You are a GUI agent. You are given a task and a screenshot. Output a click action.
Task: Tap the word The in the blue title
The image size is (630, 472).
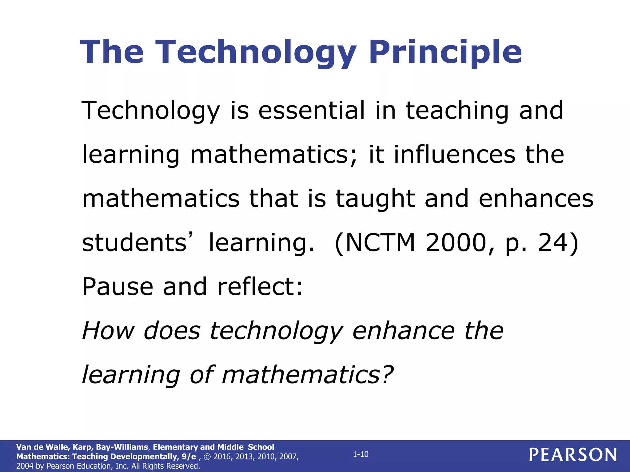coord(112,52)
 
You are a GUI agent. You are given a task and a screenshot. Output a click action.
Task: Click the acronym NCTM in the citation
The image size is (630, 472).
coord(380,243)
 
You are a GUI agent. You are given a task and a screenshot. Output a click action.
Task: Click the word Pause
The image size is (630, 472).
coord(118,287)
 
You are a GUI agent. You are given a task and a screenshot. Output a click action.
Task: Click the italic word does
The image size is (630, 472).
coord(172,331)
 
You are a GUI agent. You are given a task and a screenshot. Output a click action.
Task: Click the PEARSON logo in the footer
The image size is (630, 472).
coord(573,455)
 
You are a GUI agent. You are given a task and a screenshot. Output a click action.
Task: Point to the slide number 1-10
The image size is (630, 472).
coord(361,454)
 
